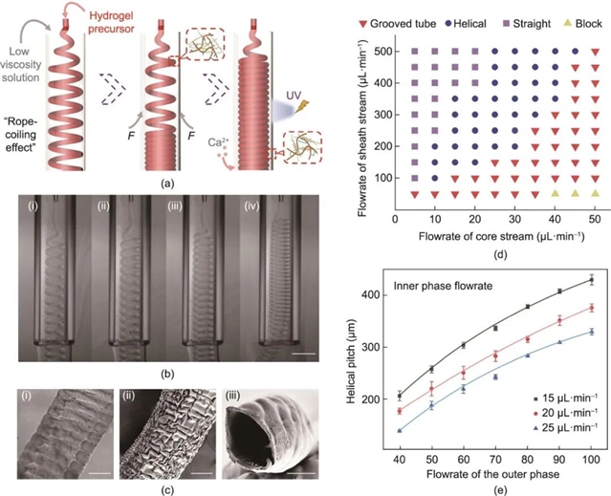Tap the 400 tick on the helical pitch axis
(382, 294)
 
